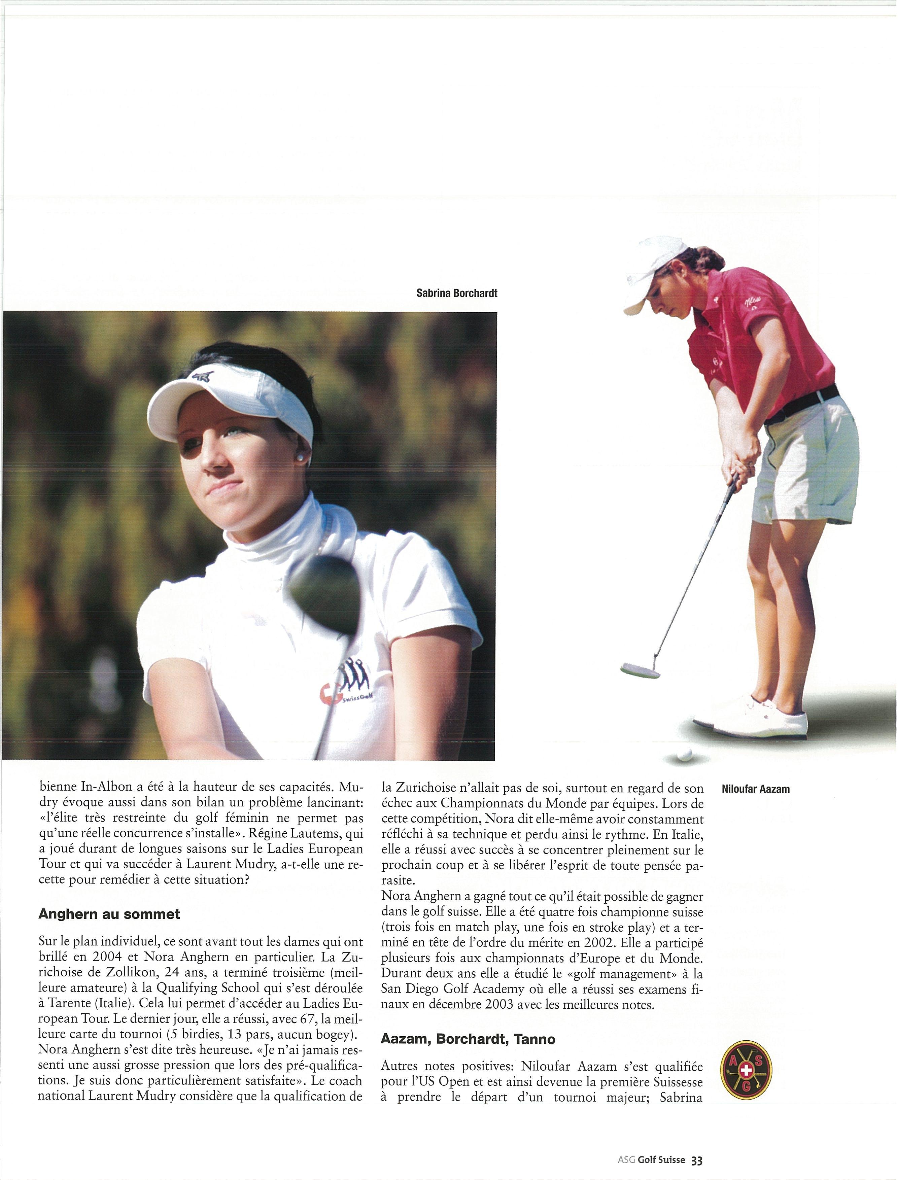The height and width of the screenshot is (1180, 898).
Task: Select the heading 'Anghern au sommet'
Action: (109, 914)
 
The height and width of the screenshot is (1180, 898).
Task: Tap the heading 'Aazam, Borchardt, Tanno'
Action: (468, 1039)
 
